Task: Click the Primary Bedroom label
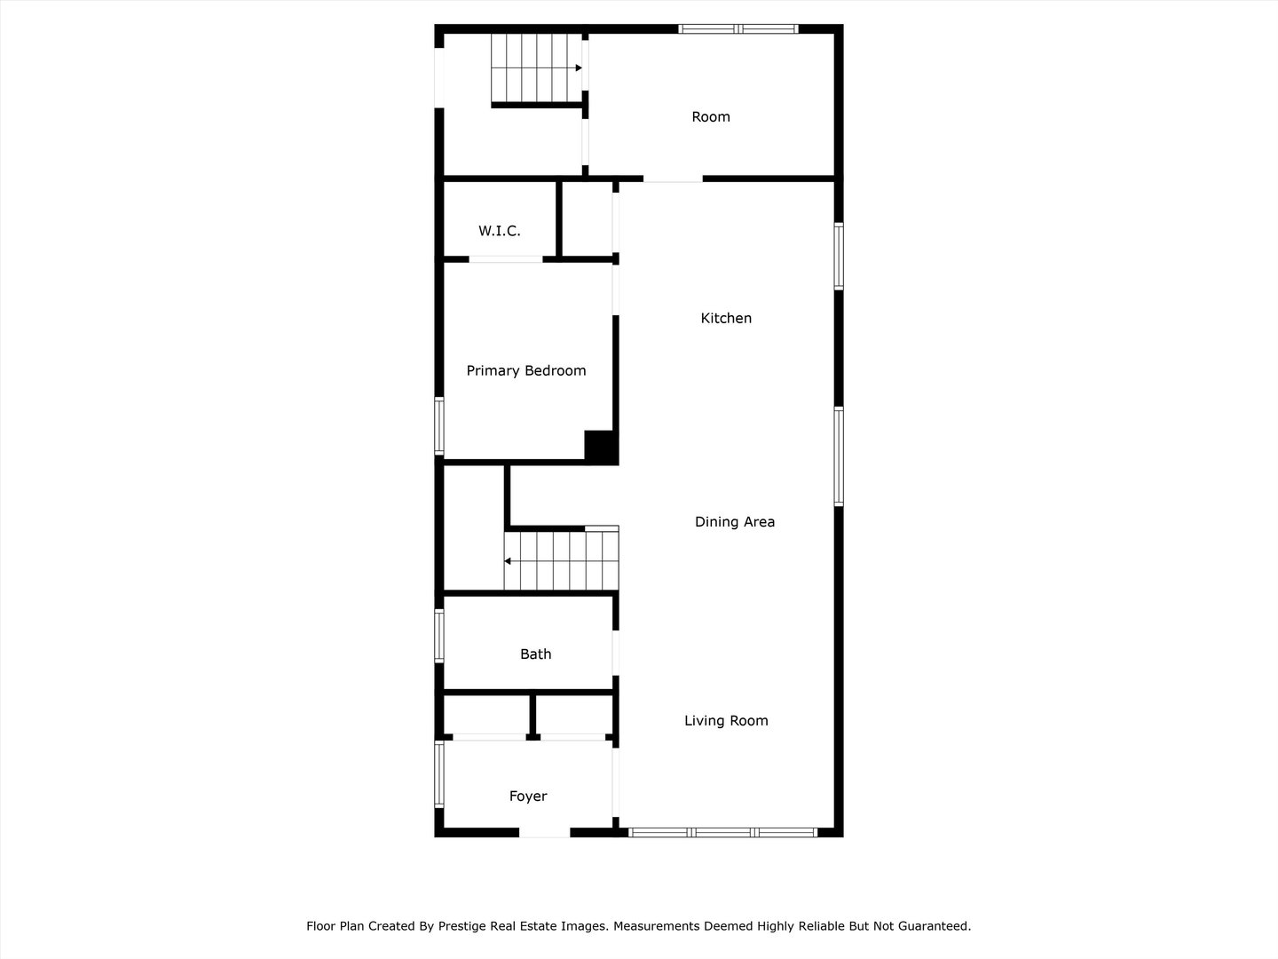pos(526,370)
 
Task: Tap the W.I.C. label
pos(500,231)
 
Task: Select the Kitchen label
pos(726,318)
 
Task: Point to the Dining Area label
pos(735,521)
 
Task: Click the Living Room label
pos(726,720)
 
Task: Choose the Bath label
pos(535,654)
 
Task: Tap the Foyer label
pos(528,796)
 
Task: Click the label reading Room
pos(711,116)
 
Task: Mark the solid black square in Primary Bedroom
pos(601,446)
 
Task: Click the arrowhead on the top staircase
pos(578,67)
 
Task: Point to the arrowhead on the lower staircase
pos(508,561)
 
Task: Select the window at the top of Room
pos(738,29)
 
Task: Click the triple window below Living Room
pos(722,832)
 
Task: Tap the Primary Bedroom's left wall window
pos(438,426)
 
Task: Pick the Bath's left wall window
pos(438,635)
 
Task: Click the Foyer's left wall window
pos(438,774)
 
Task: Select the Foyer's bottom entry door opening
pos(544,832)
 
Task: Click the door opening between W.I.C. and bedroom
pos(505,259)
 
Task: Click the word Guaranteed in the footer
pos(933,926)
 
